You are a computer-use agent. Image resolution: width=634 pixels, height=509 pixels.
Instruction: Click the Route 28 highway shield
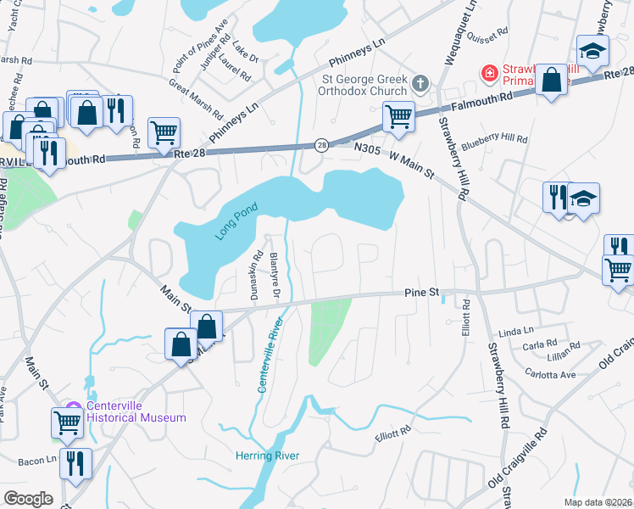322,145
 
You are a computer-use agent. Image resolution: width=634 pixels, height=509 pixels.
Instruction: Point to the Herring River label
267,456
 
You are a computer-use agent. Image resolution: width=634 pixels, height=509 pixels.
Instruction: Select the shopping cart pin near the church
398,116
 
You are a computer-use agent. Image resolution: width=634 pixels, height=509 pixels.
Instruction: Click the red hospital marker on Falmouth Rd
488,74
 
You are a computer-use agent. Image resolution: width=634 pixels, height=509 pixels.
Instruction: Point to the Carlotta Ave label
550,373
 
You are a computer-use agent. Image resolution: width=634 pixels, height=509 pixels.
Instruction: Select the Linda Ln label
516,330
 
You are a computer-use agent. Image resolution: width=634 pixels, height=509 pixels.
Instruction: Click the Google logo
28,498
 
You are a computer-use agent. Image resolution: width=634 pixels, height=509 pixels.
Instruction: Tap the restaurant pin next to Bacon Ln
76,463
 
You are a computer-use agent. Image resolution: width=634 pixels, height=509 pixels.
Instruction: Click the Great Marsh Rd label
196,99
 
